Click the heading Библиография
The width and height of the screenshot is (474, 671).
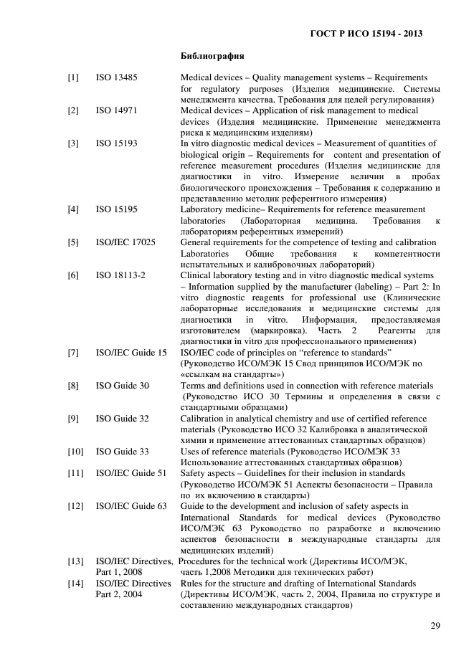coord(213,54)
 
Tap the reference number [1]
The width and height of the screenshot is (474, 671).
coord(73,76)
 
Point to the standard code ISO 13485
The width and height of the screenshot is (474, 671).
coord(117,76)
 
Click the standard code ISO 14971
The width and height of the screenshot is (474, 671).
coord(117,110)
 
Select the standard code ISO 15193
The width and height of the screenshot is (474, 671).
coord(117,144)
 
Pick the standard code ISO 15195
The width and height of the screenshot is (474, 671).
coord(117,209)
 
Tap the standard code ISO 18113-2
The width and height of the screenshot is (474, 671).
coord(121,275)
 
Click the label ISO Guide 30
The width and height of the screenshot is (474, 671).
coord(122,386)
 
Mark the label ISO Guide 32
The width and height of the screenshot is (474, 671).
coord(122,419)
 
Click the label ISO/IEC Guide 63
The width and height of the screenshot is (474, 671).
coord(131,506)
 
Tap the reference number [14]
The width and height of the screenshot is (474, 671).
coord(75,584)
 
